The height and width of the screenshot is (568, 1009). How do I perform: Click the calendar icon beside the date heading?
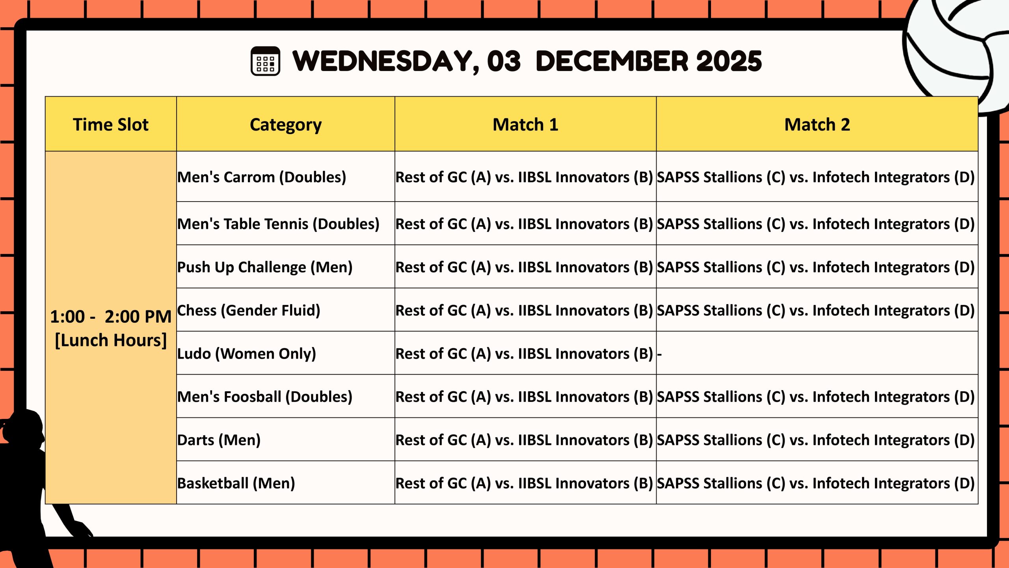coord(265,61)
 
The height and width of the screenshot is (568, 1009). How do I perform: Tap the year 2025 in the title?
coord(729,61)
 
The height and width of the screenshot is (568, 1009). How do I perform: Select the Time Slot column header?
coord(111,124)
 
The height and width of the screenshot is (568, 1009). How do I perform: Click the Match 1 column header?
coord(525,124)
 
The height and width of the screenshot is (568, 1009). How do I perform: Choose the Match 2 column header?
coord(817,124)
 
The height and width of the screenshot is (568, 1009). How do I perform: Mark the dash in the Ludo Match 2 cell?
coord(659,354)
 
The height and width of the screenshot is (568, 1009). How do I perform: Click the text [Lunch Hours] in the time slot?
coord(111,340)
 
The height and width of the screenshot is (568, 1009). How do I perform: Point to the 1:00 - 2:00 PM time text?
coord(111,316)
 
